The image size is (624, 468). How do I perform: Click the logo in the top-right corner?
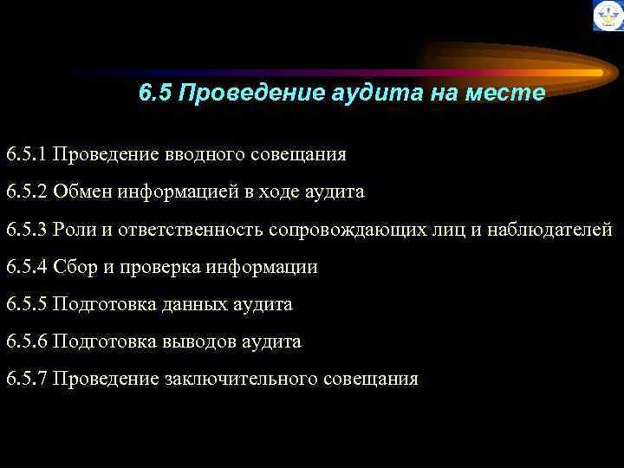(608, 16)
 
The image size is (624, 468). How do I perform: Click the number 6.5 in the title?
(155, 93)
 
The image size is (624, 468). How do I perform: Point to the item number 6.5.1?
(26, 155)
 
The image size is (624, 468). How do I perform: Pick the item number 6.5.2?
(26, 192)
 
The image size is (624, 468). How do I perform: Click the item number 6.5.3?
(26, 230)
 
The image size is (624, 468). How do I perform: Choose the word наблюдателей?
(549, 230)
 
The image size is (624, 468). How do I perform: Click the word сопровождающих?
(348, 230)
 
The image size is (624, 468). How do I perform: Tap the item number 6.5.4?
(26, 267)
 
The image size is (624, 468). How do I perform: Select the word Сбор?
(73, 267)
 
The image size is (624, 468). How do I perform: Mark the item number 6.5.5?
(26, 304)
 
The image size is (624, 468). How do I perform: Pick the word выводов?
(195, 341)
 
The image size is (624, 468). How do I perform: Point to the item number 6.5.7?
(26, 379)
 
